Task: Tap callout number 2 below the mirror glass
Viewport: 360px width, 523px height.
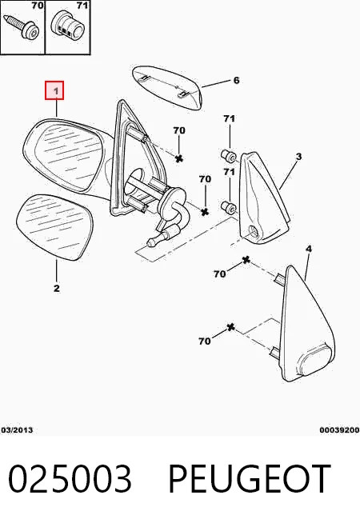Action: point(56,288)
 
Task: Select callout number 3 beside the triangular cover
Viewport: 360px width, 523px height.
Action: point(298,156)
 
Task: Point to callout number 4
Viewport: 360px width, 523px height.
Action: point(309,249)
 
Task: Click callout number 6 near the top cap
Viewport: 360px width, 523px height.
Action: point(236,80)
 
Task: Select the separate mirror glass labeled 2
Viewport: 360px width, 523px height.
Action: point(54,227)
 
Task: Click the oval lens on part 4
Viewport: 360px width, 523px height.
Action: point(316,361)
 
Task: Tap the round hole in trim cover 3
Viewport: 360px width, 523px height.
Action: point(254,231)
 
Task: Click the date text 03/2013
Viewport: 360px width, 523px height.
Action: point(17,429)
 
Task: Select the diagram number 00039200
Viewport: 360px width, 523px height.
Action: point(340,430)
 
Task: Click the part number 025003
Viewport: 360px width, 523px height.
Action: point(70,479)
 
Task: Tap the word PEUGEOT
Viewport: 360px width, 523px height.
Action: point(250,479)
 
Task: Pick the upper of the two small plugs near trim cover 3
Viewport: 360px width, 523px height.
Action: point(229,155)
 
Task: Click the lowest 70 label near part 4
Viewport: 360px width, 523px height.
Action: point(205,341)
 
